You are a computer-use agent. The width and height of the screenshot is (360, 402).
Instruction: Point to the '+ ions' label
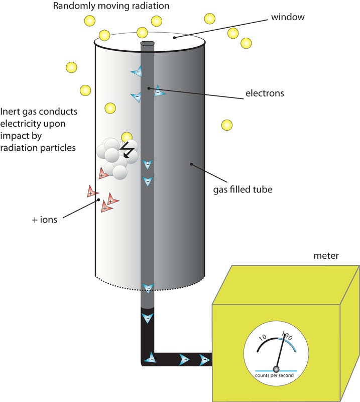[45, 220]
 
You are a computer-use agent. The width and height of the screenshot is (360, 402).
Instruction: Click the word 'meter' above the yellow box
[326, 256]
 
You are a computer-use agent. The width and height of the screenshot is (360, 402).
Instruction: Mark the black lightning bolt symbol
[128, 150]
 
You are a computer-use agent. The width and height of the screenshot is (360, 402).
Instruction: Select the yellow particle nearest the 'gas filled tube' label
[227, 124]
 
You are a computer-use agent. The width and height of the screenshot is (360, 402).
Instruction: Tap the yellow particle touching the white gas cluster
[127, 137]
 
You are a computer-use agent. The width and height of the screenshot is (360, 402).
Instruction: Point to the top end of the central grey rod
[147, 44]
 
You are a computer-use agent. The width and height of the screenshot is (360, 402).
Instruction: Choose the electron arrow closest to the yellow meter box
[204, 359]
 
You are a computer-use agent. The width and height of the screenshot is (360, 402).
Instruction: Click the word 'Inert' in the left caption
[11, 112]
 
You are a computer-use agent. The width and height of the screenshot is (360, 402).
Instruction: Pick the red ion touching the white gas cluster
[103, 174]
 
